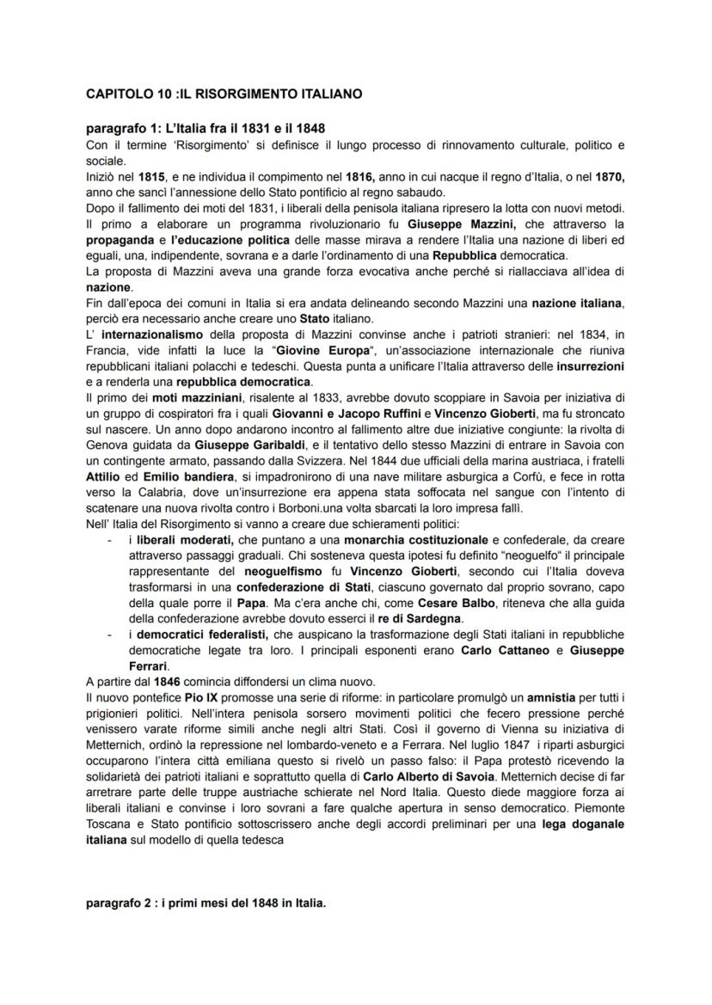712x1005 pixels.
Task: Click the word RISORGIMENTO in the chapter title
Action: (x=223, y=94)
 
